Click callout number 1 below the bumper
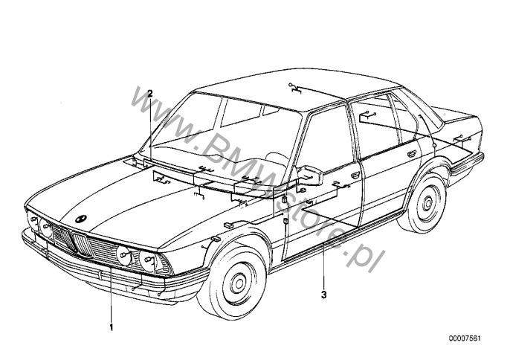[x=112, y=327]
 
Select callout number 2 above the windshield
[x=150, y=94]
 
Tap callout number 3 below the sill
[x=323, y=295]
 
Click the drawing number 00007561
[x=465, y=338]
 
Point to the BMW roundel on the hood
[x=80, y=219]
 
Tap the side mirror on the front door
[x=311, y=176]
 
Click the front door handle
[x=355, y=176]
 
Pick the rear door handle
[x=412, y=154]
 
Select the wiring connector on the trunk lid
[x=462, y=138]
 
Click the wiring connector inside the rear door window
[x=367, y=115]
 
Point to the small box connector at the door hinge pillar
[x=284, y=199]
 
